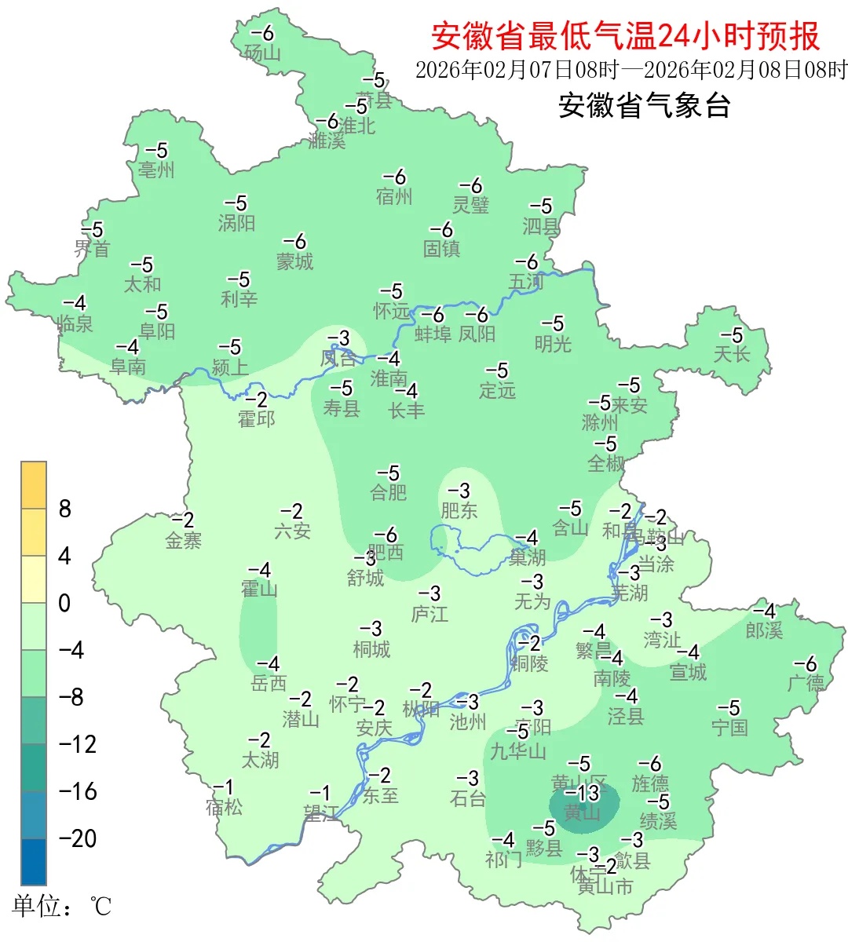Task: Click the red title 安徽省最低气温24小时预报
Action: (x=625, y=36)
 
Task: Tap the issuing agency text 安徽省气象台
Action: (x=644, y=105)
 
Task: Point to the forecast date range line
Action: (x=631, y=70)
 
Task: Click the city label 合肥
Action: (x=389, y=492)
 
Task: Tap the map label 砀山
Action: (x=262, y=53)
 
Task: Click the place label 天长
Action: (x=731, y=354)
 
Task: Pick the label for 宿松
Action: (x=224, y=807)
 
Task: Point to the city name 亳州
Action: (x=156, y=170)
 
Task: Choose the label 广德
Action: (x=806, y=683)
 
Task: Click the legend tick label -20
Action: (x=78, y=838)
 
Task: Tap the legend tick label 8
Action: (x=65, y=509)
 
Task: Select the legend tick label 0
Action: (x=64, y=603)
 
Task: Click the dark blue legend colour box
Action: (x=34, y=861)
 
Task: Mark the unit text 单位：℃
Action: (x=61, y=907)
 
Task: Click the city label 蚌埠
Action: (x=433, y=334)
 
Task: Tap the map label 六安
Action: (x=292, y=531)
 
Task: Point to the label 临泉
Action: (x=75, y=323)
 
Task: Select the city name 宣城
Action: (x=688, y=672)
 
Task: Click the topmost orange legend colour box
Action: (x=34, y=485)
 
